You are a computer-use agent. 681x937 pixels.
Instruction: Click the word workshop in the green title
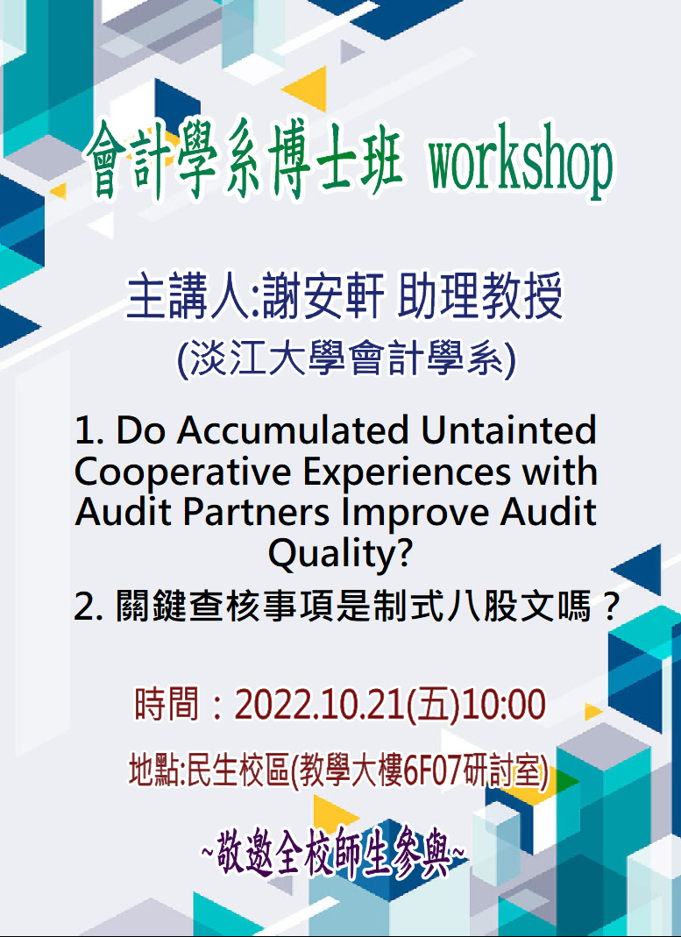point(520,161)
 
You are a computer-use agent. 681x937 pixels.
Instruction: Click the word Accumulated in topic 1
point(292,429)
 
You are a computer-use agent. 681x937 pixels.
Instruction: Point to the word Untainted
point(508,429)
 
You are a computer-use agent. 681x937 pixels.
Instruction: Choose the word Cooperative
point(182,472)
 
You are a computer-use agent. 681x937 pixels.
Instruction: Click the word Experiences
point(406,472)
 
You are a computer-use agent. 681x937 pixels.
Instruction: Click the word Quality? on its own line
point(340,555)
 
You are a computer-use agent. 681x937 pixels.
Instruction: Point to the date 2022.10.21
point(319,704)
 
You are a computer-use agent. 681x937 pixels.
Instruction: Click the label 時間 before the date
point(167,704)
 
